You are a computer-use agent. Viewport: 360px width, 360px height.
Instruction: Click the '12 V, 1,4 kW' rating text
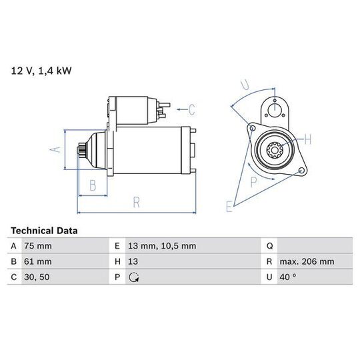(x=41, y=71)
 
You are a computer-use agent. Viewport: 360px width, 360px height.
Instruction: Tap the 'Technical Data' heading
(x=44, y=231)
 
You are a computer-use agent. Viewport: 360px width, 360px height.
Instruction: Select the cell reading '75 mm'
(x=38, y=246)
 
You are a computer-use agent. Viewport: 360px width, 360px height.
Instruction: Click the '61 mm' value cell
(x=38, y=261)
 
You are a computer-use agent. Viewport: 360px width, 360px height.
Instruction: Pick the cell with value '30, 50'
(x=37, y=277)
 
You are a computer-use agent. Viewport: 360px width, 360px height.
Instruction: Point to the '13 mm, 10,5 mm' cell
(x=162, y=246)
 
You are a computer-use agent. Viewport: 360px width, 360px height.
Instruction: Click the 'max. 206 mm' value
(x=307, y=261)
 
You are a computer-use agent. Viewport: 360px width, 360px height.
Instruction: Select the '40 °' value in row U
(x=288, y=277)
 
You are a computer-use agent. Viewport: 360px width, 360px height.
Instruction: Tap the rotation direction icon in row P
(x=133, y=277)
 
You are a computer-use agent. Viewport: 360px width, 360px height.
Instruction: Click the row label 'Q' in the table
(x=270, y=247)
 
